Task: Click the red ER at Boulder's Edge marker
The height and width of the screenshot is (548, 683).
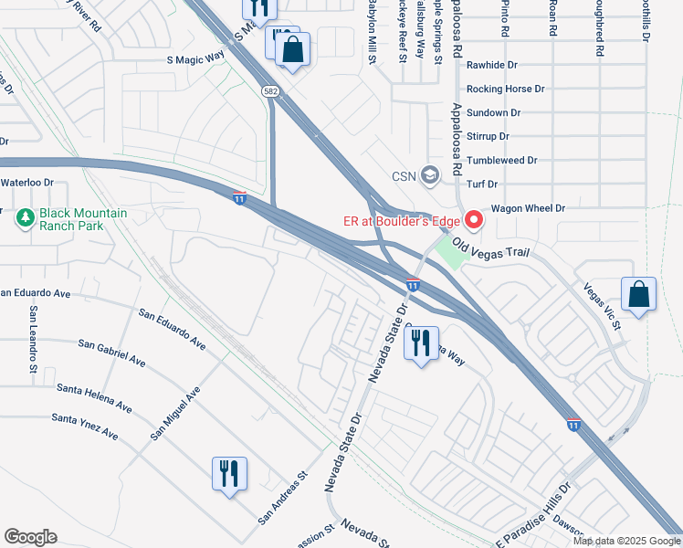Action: pyautogui.click(x=474, y=220)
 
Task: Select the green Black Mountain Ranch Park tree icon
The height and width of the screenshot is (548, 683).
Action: pyautogui.click(x=24, y=216)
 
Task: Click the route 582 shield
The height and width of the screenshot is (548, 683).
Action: pyautogui.click(x=272, y=91)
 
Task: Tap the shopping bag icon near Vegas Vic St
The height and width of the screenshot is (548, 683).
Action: pyautogui.click(x=638, y=295)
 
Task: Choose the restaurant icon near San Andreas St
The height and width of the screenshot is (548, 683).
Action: pyautogui.click(x=226, y=473)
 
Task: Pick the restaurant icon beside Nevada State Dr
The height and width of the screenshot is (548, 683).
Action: pyautogui.click(x=420, y=343)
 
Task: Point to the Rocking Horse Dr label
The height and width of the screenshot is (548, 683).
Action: pyautogui.click(x=505, y=90)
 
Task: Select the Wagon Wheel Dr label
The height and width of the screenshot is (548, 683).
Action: pyautogui.click(x=528, y=208)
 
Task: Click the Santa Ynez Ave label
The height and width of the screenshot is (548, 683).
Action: pyautogui.click(x=85, y=426)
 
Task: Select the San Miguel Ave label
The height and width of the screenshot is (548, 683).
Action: pyautogui.click(x=175, y=413)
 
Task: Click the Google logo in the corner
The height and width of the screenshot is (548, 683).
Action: pyautogui.click(x=30, y=537)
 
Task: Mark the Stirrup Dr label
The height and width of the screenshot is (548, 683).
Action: pyautogui.click(x=488, y=137)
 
